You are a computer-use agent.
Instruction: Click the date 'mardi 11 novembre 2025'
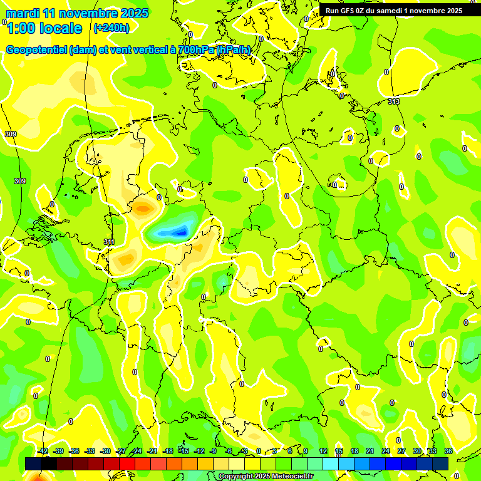(x=77, y=13)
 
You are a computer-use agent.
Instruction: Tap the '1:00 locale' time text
(x=44, y=28)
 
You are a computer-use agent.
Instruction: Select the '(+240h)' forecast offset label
(x=111, y=28)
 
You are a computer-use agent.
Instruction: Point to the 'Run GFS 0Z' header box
(x=393, y=11)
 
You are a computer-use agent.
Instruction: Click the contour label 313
(x=393, y=101)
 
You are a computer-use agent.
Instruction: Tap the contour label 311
(x=109, y=242)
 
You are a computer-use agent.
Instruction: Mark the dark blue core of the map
(x=180, y=233)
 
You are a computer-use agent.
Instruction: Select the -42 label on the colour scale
(x=43, y=451)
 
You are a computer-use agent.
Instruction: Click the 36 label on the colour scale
(x=448, y=451)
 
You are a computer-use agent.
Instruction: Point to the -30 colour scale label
(x=105, y=451)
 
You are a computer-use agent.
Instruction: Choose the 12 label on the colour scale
(x=323, y=451)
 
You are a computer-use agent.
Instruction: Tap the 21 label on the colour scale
(x=370, y=451)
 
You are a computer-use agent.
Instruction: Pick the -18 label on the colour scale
(x=168, y=451)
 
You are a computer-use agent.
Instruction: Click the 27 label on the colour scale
(x=401, y=451)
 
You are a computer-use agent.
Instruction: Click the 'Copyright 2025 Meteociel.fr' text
(x=266, y=477)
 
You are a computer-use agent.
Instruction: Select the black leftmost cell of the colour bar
(x=33, y=463)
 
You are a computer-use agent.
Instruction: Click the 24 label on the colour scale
(x=386, y=451)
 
